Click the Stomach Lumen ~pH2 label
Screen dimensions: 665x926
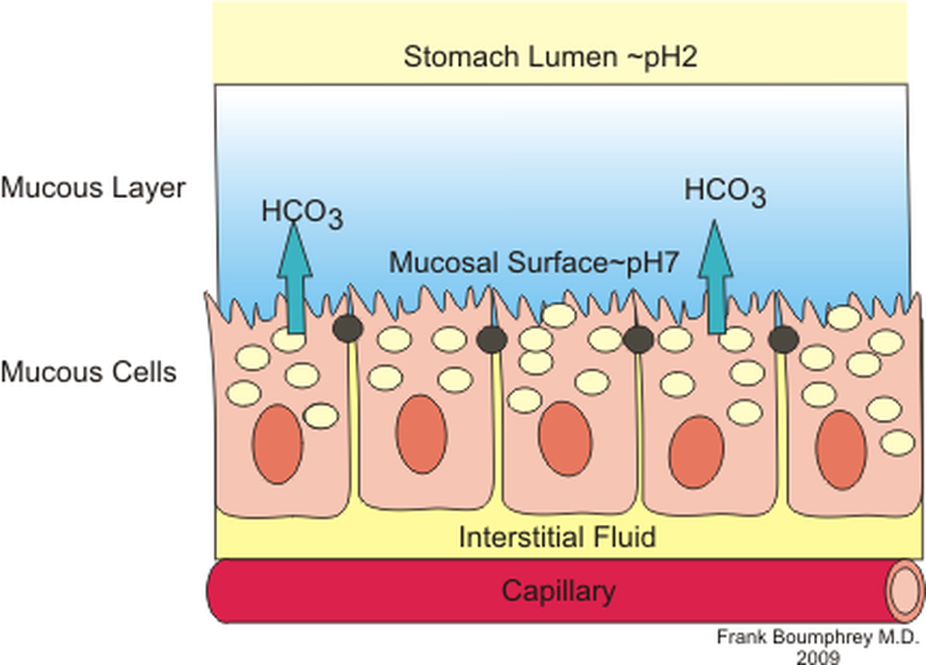pos(550,57)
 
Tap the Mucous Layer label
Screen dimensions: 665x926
pos(92,187)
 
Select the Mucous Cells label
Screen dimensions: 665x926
pos(89,371)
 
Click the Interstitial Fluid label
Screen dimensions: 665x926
pos(558,537)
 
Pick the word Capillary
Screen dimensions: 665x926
pos(558,591)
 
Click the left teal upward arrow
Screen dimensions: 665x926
pos(296,280)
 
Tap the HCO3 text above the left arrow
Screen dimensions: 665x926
pos(302,211)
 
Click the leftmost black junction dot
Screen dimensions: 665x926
pos(347,328)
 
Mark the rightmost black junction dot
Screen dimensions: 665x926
pos(782,339)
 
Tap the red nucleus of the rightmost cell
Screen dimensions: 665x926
pos(841,450)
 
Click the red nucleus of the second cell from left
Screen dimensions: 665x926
pos(421,434)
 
